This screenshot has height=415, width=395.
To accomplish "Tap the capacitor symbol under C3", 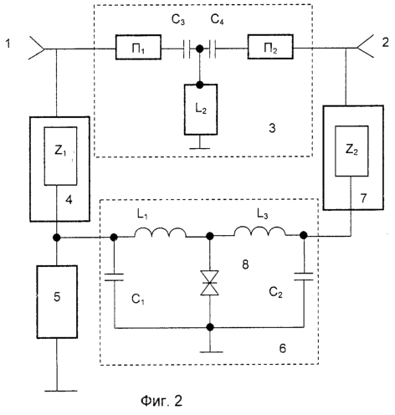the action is [187, 49].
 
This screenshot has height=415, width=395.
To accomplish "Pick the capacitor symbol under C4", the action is [213, 49].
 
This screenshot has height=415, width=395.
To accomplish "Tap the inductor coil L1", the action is [161, 233].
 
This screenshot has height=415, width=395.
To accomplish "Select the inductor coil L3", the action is [259, 231].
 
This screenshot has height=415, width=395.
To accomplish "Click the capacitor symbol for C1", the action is [114, 277].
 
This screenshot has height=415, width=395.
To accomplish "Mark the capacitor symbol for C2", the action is [304, 276].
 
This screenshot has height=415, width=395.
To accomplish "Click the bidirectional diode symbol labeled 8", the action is [209, 283].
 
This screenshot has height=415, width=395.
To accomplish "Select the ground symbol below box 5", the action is [57, 391].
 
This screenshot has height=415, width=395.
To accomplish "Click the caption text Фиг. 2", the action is [162, 401].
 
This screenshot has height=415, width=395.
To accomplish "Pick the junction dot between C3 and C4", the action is [199, 49].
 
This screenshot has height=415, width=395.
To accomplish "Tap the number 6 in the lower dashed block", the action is [283, 348].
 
